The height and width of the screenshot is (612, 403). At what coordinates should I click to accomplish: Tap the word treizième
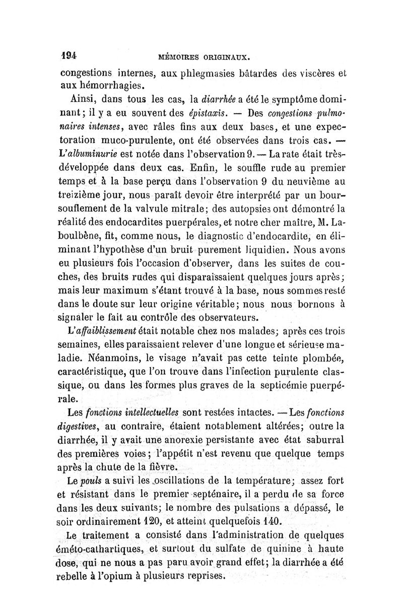[78, 193]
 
